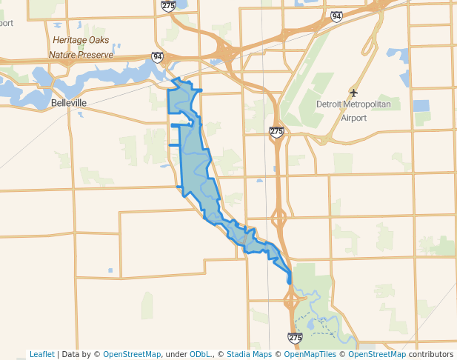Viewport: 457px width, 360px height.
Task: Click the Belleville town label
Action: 69,102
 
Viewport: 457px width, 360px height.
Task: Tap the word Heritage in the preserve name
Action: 70,41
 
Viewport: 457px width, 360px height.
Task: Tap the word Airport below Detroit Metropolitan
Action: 353,117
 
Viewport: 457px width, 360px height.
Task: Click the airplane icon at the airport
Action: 353,93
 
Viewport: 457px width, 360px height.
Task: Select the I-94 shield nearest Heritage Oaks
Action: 157,56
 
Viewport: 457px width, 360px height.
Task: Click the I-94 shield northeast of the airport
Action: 337,16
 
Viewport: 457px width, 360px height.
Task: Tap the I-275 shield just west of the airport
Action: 276,131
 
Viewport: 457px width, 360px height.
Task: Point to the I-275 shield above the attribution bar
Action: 295,338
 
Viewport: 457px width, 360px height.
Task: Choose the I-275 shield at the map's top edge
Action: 168,5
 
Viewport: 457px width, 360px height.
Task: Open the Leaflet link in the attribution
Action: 41,354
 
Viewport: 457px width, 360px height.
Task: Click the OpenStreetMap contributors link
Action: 401,354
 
